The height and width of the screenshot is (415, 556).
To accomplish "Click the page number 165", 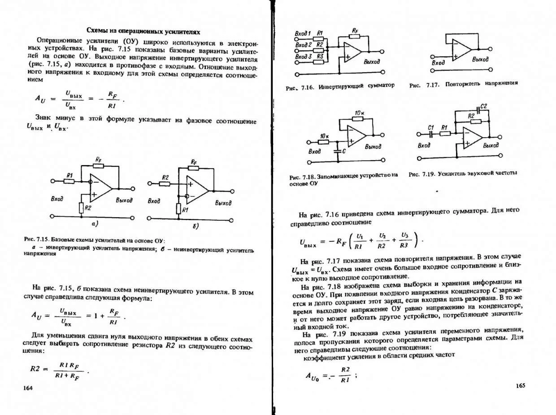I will pos(520,385).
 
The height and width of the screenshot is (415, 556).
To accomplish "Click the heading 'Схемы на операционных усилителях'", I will pos(143,31).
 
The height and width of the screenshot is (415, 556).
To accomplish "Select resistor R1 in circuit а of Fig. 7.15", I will pos(69,181).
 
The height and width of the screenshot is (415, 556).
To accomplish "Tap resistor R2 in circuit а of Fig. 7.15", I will pos(82,208).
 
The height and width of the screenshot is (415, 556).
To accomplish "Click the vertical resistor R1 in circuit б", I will pos(178,210).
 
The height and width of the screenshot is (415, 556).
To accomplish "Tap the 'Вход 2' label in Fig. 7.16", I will pos(303,45).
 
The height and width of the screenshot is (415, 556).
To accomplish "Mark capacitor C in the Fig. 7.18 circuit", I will pos(337,152).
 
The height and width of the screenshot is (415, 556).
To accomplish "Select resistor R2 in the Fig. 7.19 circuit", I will pos(476,121).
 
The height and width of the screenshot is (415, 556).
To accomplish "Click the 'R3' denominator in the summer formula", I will pos(404,246).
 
